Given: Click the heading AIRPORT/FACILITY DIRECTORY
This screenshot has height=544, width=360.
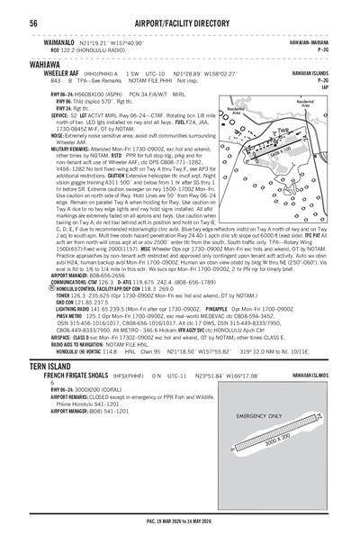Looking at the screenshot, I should pos(180,22).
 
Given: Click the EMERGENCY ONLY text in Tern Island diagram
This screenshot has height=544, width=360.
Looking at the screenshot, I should pos(256,416).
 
